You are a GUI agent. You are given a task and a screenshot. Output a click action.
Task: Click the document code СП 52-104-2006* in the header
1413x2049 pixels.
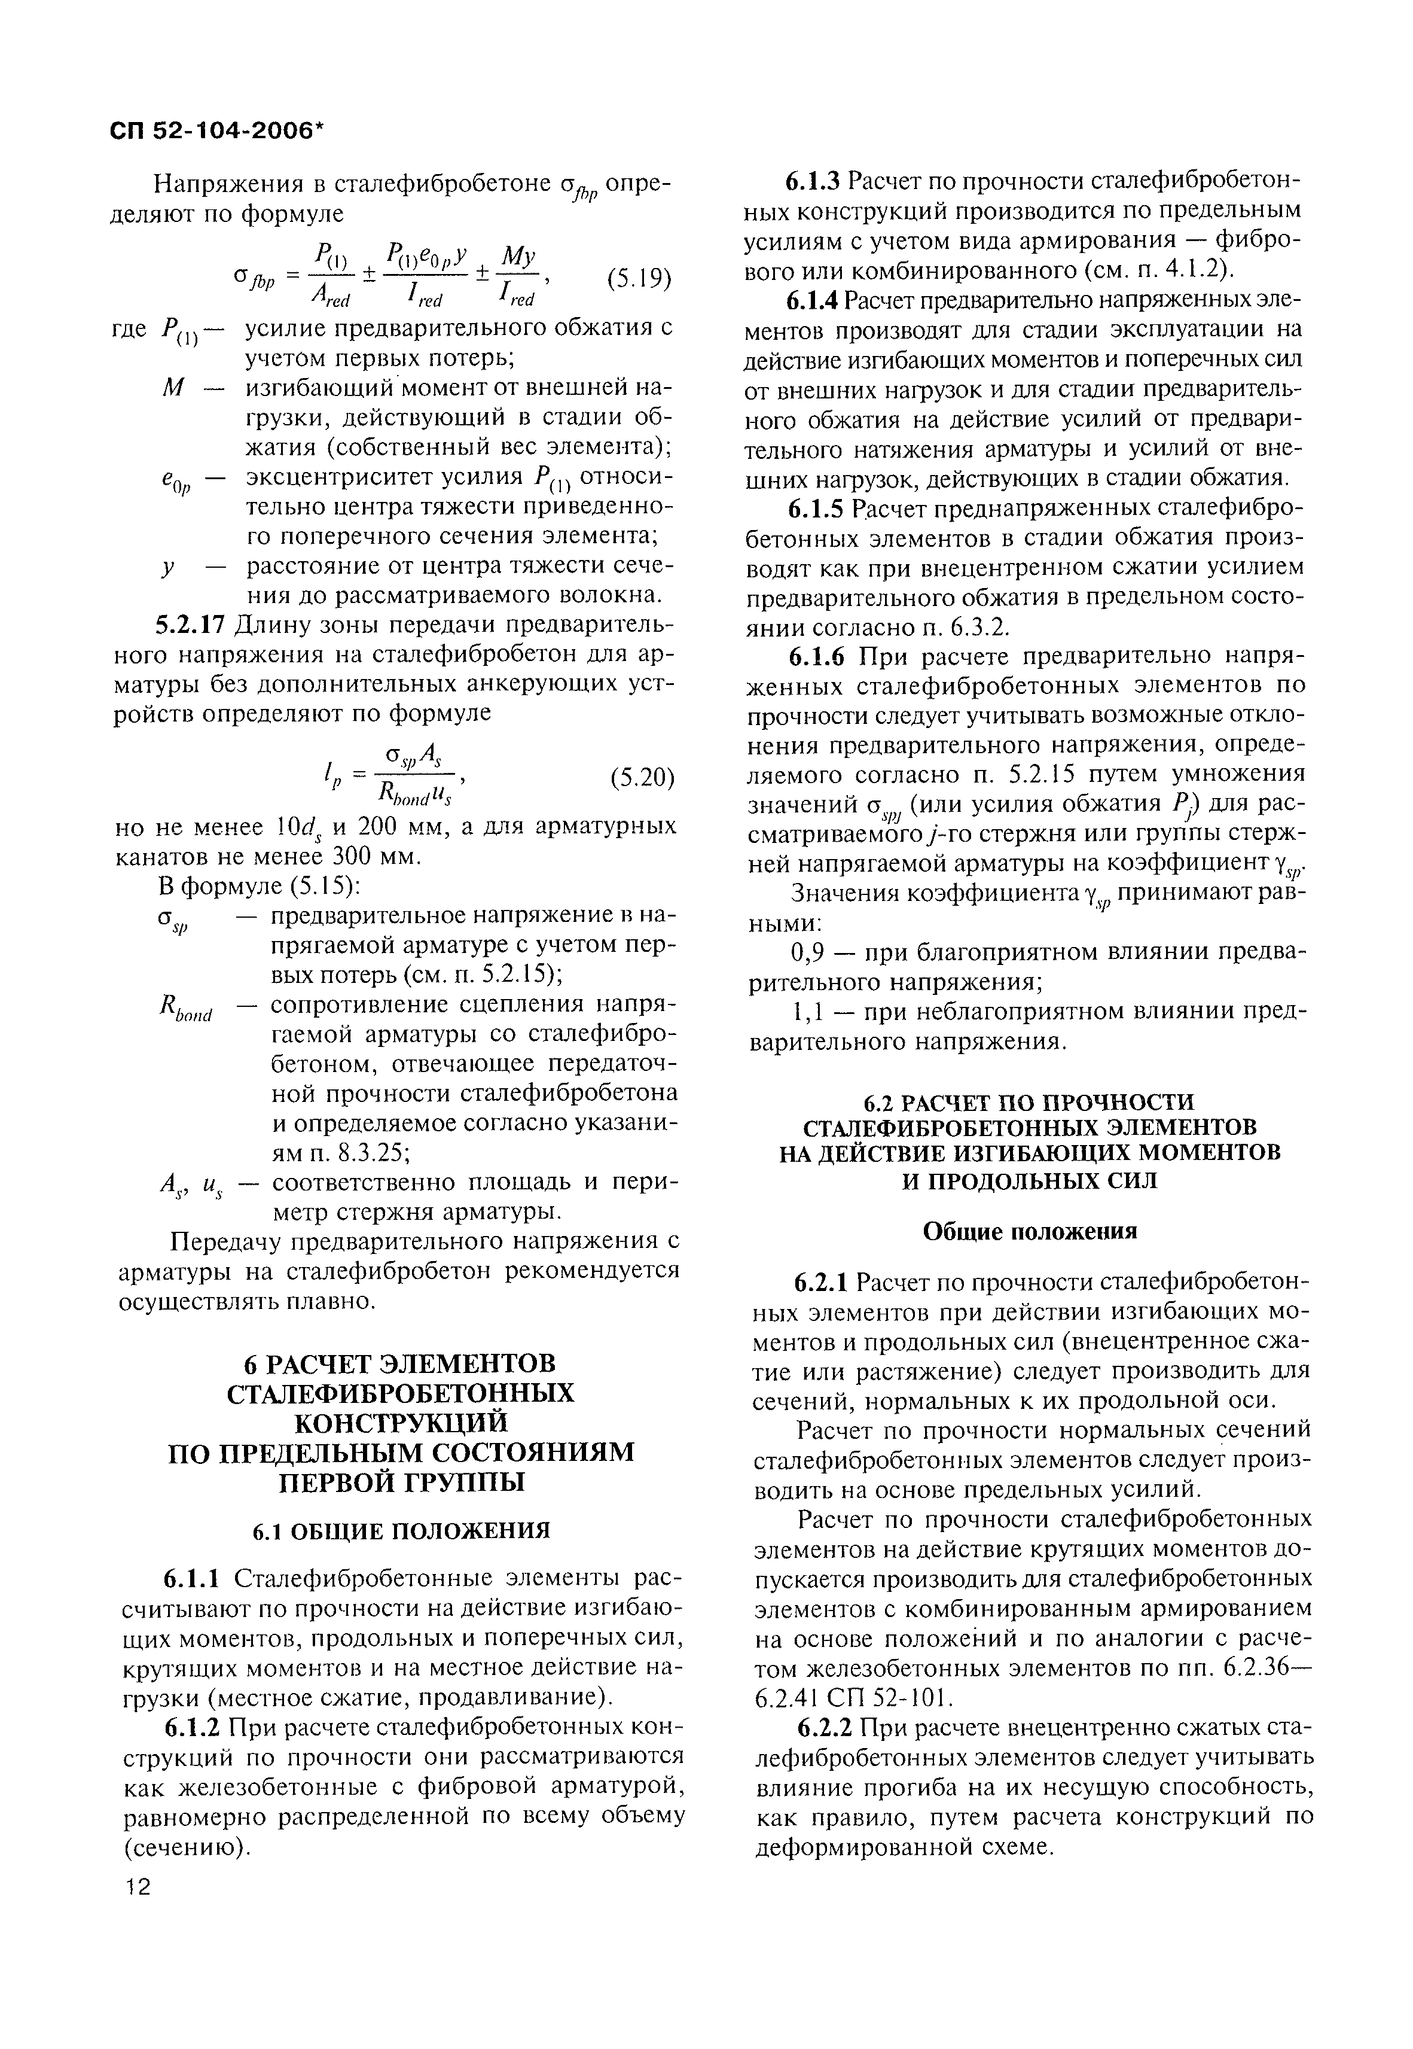(x=218, y=129)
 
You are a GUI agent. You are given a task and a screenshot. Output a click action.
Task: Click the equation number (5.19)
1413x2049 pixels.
(x=639, y=280)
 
